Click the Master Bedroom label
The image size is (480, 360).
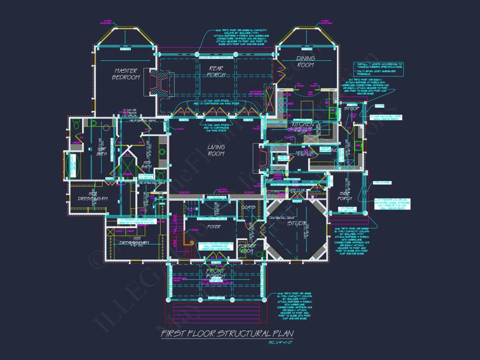[x=126, y=74]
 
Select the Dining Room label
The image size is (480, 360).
[x=305, y=62]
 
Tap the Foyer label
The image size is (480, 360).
[x=214, y=226]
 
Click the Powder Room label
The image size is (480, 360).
[x=247, y=248]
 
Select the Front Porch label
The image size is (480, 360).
[x=215, y=274]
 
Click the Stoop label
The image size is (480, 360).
[x=351, y=108]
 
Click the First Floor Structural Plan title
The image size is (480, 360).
[x=227, y=334]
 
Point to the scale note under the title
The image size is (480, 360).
[x=281, y=343]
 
